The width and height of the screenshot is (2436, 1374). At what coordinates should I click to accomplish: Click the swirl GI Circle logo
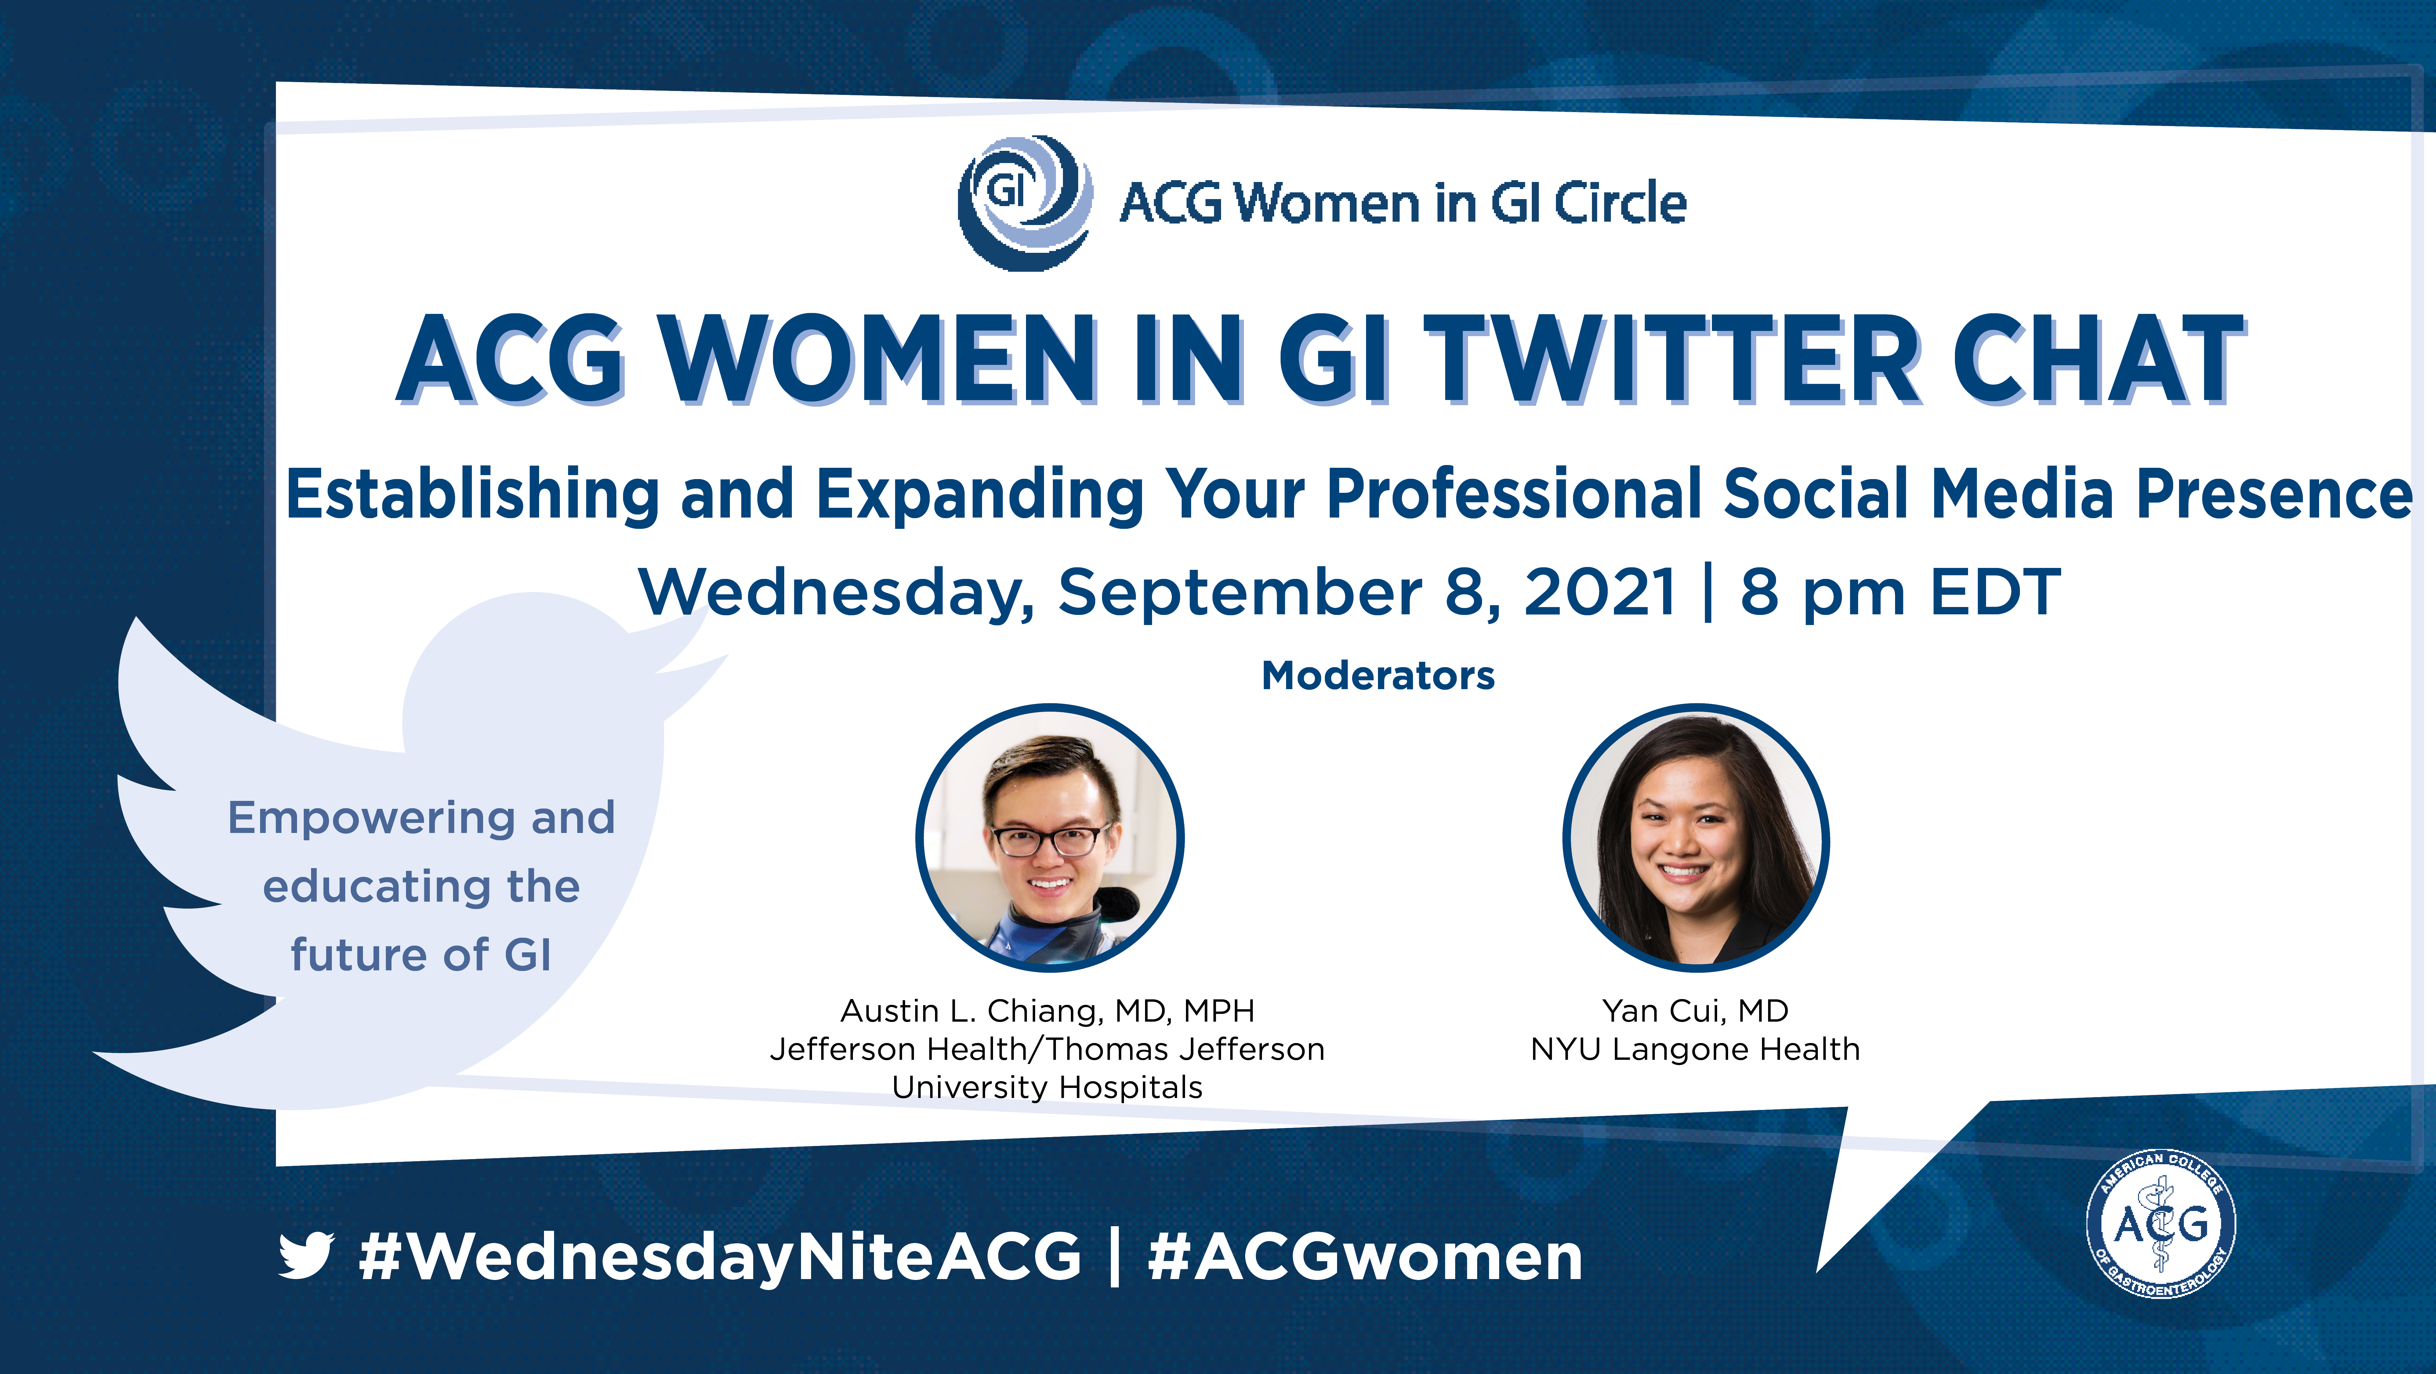click(x=1026, y=202)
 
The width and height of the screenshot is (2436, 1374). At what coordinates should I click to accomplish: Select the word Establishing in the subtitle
click(x=473, y=496)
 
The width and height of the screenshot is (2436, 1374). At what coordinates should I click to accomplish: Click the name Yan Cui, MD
click(x=1695, y=1011)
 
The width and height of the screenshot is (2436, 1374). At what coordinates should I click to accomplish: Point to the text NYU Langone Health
click(x=1695, y=1050)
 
